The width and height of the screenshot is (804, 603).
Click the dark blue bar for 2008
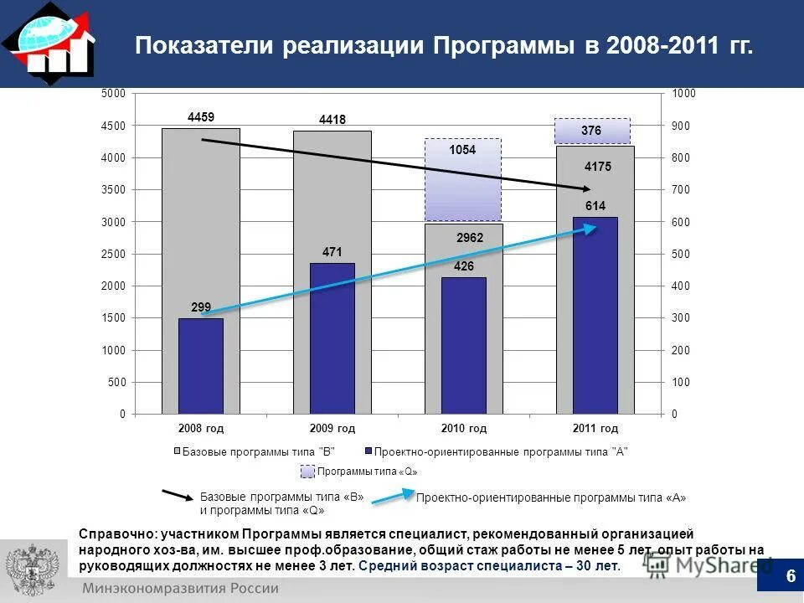[201, 367]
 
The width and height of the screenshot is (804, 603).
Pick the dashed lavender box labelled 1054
[463, 180]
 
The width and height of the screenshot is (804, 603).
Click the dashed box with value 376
[592, 131]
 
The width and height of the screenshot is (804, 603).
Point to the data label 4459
[201, 117]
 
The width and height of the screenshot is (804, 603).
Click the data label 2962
[469, 239]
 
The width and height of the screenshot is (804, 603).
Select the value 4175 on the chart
[598, 167]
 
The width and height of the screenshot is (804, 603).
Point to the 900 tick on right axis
[683, 126]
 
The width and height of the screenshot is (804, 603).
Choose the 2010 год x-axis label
[464, 429]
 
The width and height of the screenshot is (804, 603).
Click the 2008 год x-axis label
[202, 429]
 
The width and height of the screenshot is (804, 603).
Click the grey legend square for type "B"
[178, 451]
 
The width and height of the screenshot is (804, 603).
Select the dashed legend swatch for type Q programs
[307, 472]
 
